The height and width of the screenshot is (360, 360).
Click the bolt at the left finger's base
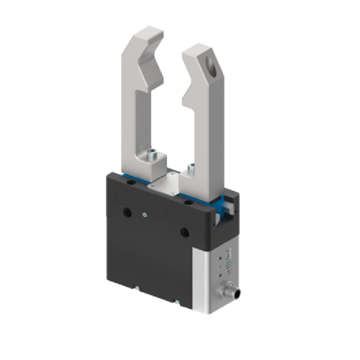[x=153, y=153]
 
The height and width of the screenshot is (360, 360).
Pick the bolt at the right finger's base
[x=191, y=168]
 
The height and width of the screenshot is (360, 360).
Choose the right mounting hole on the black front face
[x=184, y=231]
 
